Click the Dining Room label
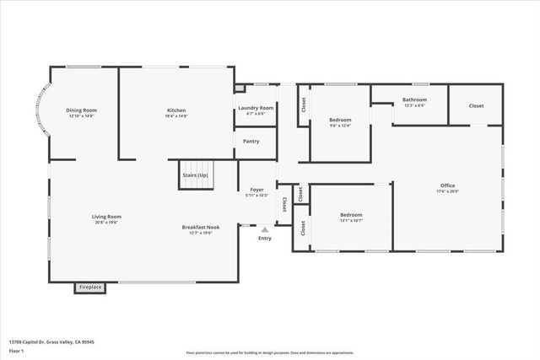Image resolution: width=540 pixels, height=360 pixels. [x=82, y=110]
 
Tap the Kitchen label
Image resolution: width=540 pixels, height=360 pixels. [x=176, y=110]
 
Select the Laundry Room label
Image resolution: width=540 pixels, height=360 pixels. [x=256, y=108]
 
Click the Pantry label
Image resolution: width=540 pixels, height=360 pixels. [x=251, y=141]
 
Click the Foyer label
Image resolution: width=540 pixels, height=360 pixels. [x=256, y=190]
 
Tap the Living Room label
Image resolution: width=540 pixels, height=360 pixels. [x=107, y=217]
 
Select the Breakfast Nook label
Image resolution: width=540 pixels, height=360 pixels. [x=201, y=227]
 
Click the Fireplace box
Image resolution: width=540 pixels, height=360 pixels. [x=90, y=287]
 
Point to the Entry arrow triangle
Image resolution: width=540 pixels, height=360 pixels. [x=265, y=228]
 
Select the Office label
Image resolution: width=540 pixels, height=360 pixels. [x=448, y=185]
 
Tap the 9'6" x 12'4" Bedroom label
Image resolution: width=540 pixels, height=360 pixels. [x=340, y=120]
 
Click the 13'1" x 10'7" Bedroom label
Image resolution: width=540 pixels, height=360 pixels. [x=351, y=214]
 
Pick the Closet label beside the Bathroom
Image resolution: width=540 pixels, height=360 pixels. [x=477, y=105]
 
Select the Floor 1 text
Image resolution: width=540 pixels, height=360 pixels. [x=17, y=350]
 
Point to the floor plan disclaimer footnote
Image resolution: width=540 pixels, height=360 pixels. [x=270, y=352]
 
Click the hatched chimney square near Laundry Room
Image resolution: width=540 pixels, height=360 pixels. [x=239, y=86]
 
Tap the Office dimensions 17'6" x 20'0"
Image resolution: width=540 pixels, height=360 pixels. [x=448, y=191]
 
